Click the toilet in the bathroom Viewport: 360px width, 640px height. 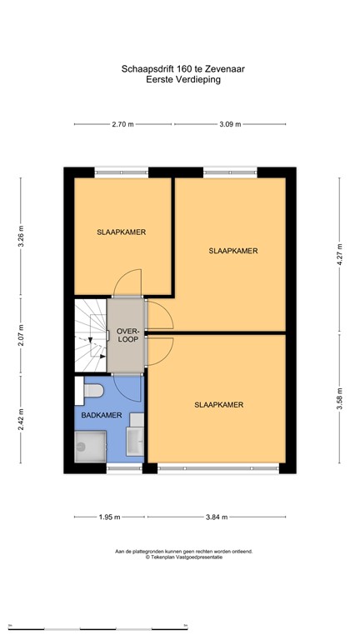point(93,390)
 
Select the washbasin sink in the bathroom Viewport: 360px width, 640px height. point(134,439)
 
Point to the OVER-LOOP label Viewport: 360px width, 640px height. point(127,334)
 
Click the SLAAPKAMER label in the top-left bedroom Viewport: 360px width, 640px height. point(121,232)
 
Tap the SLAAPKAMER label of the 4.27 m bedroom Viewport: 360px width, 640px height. point(232,250)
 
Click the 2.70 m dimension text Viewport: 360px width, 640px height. point(123,124)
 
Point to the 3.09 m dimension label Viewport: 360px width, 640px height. point(229,124)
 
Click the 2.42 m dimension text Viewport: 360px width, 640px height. point(22,417)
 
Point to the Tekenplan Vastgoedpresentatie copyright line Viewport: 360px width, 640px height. point(183,557)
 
